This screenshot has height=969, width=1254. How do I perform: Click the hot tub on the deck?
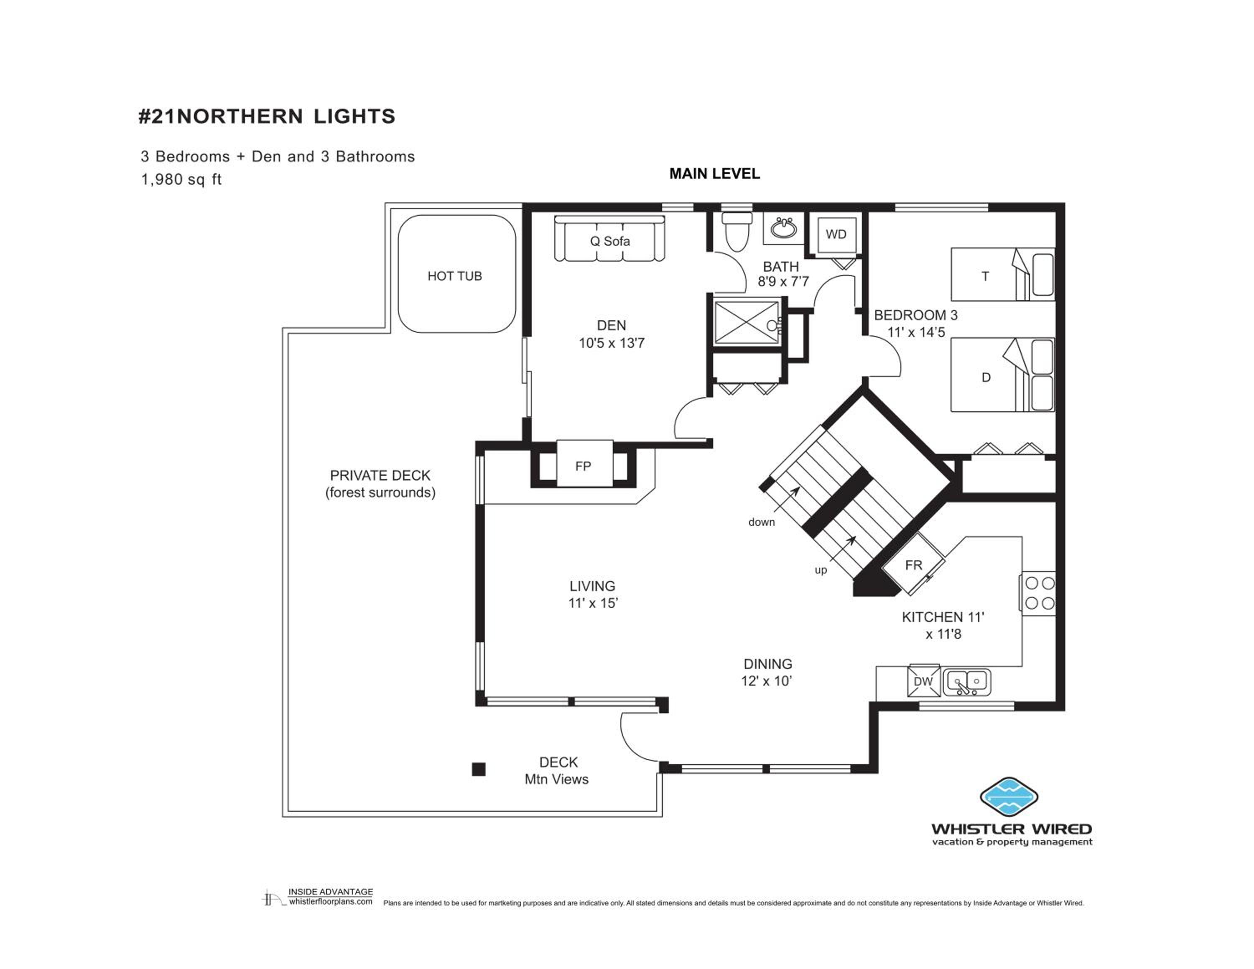(456, 274)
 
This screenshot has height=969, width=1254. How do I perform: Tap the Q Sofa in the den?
(609, 238)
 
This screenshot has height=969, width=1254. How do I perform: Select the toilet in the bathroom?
(737, 232)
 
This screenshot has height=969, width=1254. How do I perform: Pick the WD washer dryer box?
(836, 234)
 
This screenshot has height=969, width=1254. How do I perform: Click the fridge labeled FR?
(912, 564)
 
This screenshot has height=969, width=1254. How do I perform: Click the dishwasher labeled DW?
(923, 681)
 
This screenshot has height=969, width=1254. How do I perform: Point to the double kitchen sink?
(967, 681)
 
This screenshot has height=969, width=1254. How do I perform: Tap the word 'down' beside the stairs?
(761, 522)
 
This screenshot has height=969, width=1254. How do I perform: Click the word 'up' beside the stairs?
(821, 570)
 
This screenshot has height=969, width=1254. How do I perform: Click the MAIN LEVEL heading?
(714, 173)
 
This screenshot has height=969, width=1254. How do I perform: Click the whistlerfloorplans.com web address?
(331, 901)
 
